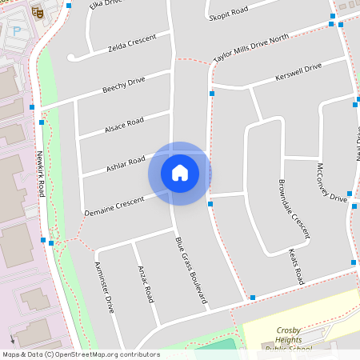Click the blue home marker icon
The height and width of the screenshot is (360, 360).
click(180, 173)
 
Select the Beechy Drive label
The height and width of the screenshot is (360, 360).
click(123, 86)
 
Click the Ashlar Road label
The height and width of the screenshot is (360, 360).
click(126, 163)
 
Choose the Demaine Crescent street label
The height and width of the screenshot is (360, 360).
click(114, 203)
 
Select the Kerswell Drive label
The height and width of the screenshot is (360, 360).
click(298, 74)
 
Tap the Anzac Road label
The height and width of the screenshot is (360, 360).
click(145, 283)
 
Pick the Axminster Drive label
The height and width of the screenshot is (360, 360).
click(105, 286)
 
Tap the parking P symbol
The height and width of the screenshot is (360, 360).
click(17, 32)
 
